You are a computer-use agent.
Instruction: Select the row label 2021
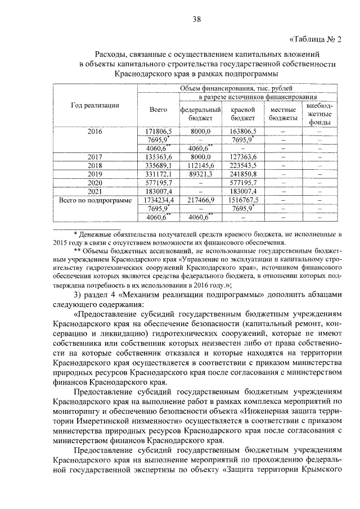(x=94, y=191)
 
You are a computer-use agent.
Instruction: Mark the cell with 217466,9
(x=200, y=200)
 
